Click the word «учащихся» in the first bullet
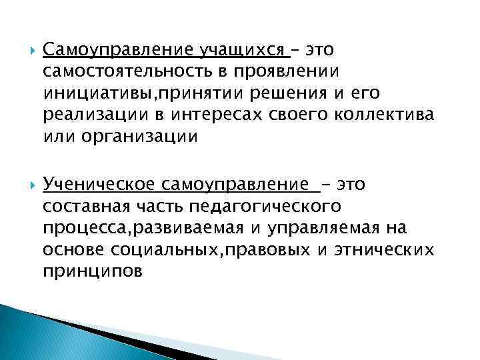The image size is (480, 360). point(242,51)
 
